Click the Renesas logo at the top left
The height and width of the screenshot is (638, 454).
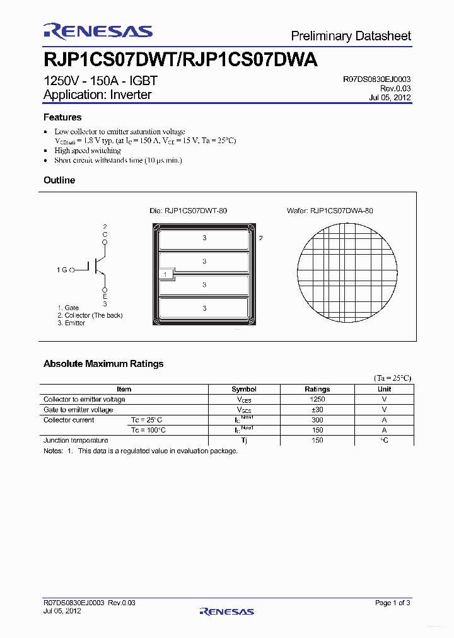[98, 32]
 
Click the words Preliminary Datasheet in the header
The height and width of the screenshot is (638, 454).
[351, 36]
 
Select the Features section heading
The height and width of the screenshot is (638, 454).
[62, 117]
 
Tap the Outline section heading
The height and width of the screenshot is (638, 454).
[59, 180]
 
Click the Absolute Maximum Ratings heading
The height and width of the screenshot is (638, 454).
[103, 364]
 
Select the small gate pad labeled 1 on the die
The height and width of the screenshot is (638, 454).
[165, 274]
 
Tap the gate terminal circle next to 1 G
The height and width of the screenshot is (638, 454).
[72, 270]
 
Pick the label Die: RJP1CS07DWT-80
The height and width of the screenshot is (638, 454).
[188, 211]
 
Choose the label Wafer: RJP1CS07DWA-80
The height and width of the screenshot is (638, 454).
[341, 211]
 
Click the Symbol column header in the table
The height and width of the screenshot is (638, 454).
[244, 389]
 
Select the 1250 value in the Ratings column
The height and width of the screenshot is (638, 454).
[317, 399]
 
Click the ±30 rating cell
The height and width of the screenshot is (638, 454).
[317, 410]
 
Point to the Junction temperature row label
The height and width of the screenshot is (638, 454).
[76, 440]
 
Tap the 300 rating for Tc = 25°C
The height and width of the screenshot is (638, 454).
[317, 420]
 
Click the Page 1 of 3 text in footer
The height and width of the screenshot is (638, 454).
[392, 603]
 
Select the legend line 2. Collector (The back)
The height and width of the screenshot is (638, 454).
[90, 315]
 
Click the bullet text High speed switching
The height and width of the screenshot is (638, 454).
[88, 151]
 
